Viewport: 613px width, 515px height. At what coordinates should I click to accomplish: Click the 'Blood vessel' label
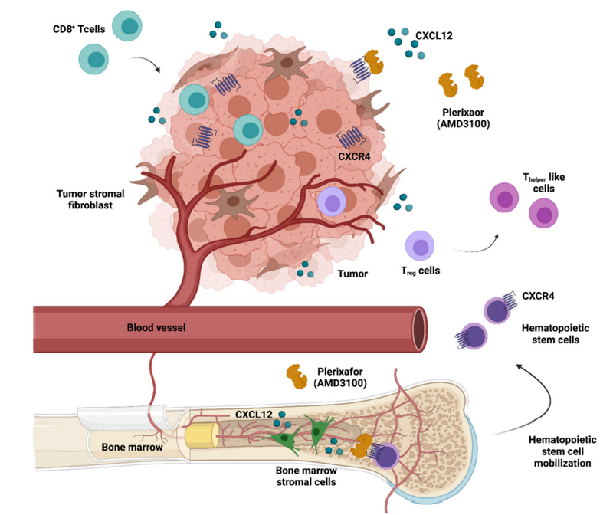tap(157, 328)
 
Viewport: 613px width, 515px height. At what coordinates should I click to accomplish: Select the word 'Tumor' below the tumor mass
tap(355, 273)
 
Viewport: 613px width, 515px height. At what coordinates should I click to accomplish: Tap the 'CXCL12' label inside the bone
tap(255, 415)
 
